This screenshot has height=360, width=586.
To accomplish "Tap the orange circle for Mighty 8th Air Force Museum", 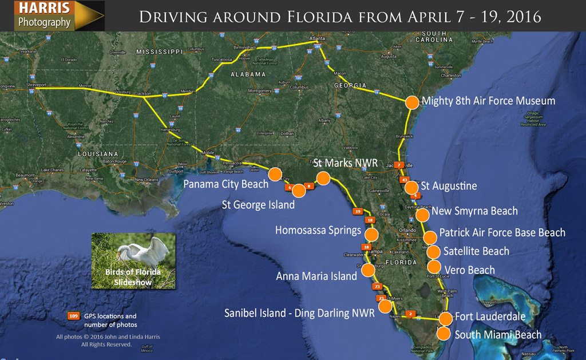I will pyautogui.click(x=412, y=102).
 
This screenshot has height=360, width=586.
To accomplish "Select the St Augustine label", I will pyautogui.click(x=449, y=186).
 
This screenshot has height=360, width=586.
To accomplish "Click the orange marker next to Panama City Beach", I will pyautogui.click(x=275, y=174).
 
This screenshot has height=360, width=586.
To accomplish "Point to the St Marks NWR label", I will pyautogui.click(x=346, y=164).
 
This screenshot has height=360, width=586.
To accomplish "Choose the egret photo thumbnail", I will pyautogui.click(x=133, y=260).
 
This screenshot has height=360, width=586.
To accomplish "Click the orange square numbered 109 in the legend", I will pyautogui.click(x=73, y=316).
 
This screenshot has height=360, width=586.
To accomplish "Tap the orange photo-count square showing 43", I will pyautogui.click(x=405, y=181).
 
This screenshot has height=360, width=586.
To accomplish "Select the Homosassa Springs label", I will pyautogui.click(x=318, y=231).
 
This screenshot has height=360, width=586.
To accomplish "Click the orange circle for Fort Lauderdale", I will pyautogui.click(x=445, y=318).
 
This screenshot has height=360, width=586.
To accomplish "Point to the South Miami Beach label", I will pyautogui.click(x=497, y=335).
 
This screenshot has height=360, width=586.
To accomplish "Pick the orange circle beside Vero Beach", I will pyautogui.click(x=434, y=267).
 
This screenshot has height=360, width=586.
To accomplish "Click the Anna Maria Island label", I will pyautogui.click(x=316, y=276).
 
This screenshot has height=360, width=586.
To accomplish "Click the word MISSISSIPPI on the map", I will pyautogui.click(x=159, y=52).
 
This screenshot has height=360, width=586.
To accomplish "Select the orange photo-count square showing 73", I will pyautogui.click(x=377, y=287).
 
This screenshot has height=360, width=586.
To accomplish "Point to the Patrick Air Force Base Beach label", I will pyautogui.click(x=502, y=233).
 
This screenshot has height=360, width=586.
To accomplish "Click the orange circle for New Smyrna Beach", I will pyautogui.click(x=422, y=215).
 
